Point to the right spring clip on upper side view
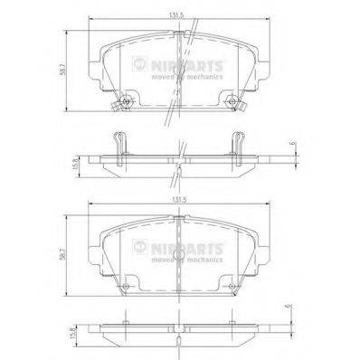239,143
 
